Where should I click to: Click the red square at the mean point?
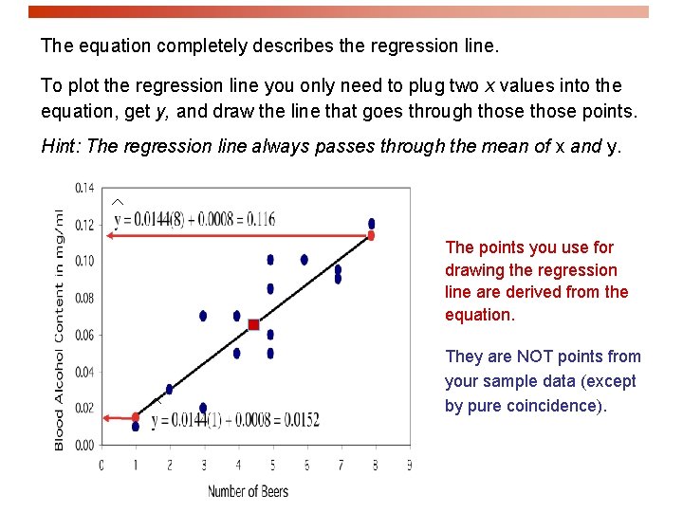click(x=254, y=325)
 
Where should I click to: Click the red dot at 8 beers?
click(x=371, y=235)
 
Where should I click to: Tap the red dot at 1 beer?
click(x=136, y=417)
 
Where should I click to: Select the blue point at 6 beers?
click(x=304, y=260)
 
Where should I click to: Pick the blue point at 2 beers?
click(x=169, y=389)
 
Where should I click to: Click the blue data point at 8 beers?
click(x=371, y=224)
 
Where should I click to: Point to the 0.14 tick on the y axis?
click(x=84, y=189)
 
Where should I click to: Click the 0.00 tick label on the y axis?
click(x=84, y=445)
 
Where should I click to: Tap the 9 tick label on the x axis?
click(x=409, y=466)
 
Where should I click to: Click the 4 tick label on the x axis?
click(x=238, y=466)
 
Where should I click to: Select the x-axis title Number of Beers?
click(x=248, y=491)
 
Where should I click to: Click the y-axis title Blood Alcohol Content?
click(x=60, y=329)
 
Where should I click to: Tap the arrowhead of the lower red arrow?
click(x=106, y=417)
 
